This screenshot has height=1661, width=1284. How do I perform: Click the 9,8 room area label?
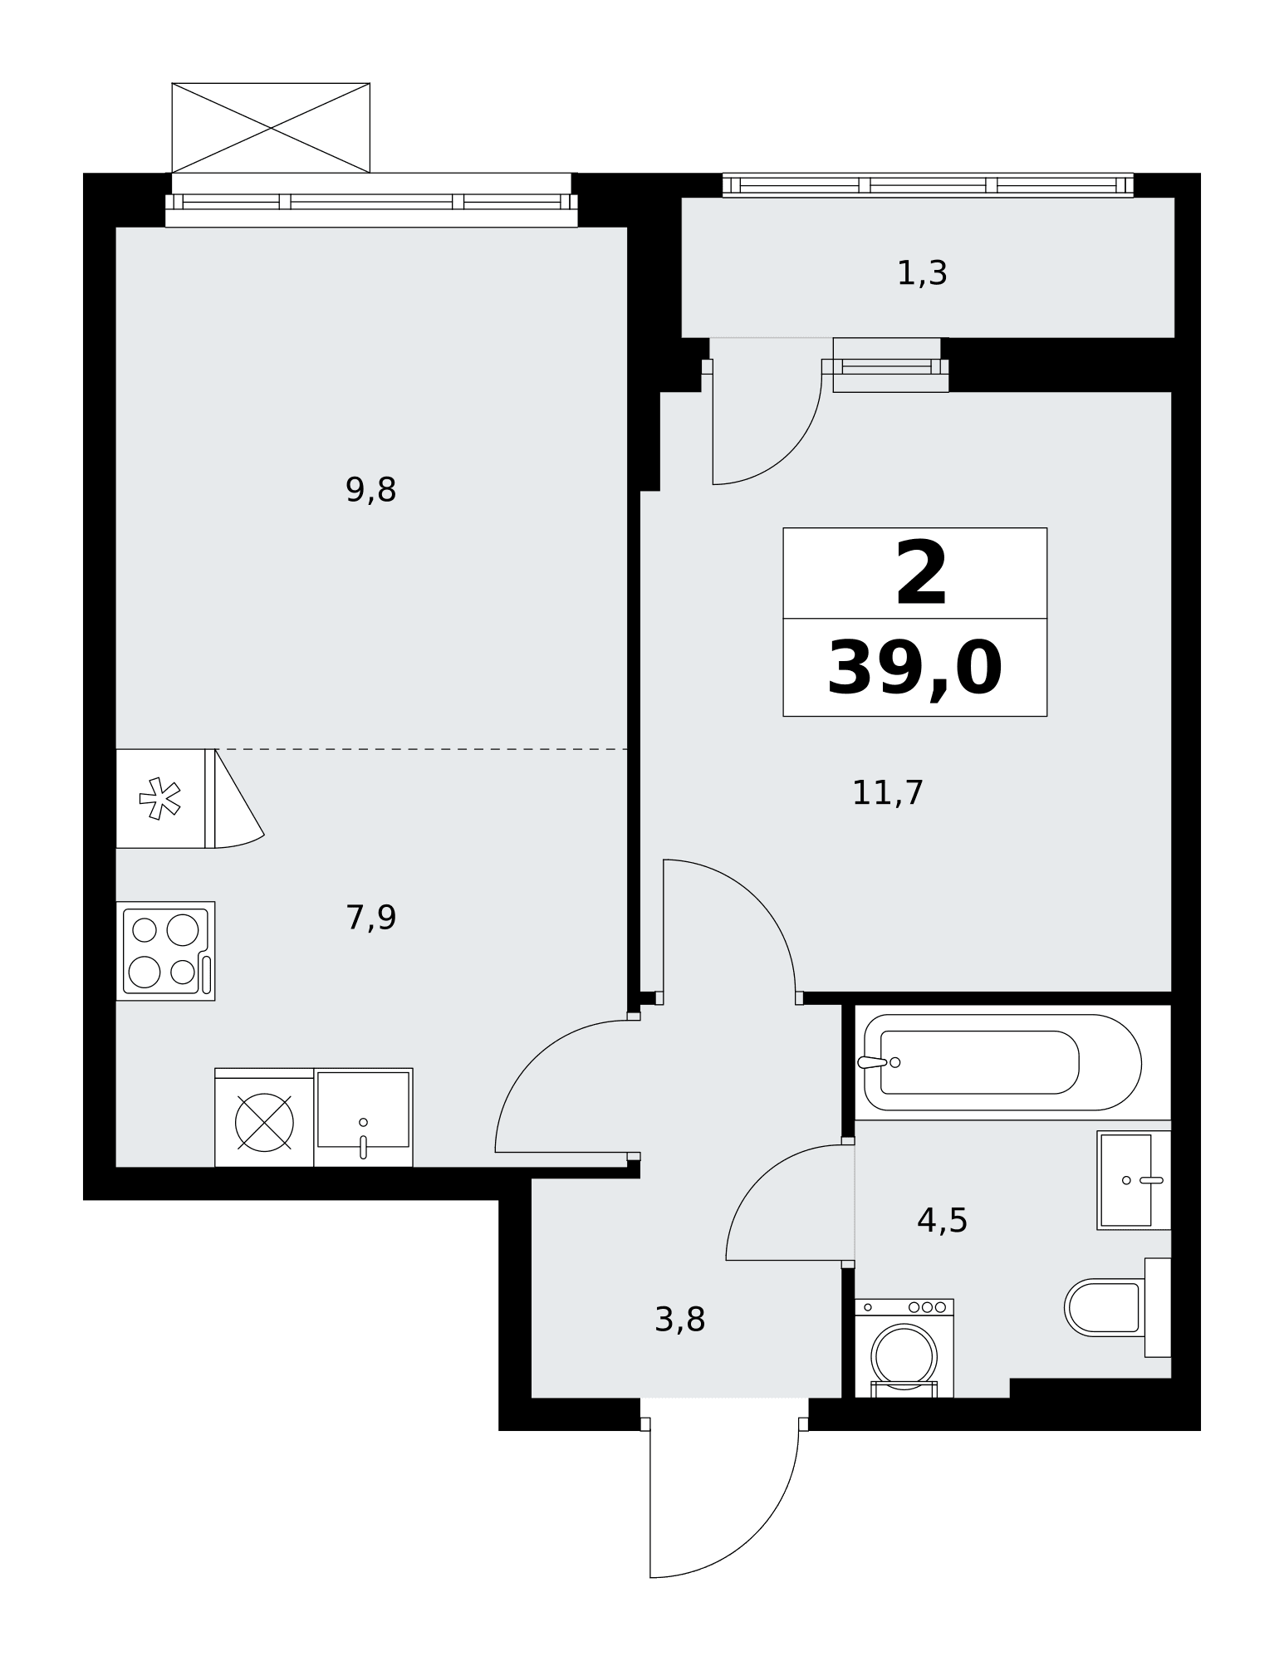click(370, 491)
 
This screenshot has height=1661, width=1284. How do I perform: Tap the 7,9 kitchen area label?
click(370, 918)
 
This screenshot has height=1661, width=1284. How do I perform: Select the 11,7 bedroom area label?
click(888, 793)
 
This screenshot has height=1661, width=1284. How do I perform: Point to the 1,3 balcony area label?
click(922, 273)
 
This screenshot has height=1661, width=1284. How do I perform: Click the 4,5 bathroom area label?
click(942, 1221)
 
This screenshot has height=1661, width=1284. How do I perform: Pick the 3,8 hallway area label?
click(679, 1320)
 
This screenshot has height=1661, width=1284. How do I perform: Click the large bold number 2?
click(921, 573)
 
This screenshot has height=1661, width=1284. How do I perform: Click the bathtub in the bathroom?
click(1002, 1062)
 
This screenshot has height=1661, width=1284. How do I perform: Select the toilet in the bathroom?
click(1117, 1307)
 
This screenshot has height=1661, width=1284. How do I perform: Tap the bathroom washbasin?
click(1134, 1180)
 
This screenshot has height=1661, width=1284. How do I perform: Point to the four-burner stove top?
click(166, 951)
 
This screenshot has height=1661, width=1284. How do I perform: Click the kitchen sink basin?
click(363, 1117)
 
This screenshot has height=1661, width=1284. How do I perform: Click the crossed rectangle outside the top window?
click(271, 128)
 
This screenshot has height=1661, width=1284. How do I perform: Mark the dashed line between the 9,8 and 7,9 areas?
click(421, 749)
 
